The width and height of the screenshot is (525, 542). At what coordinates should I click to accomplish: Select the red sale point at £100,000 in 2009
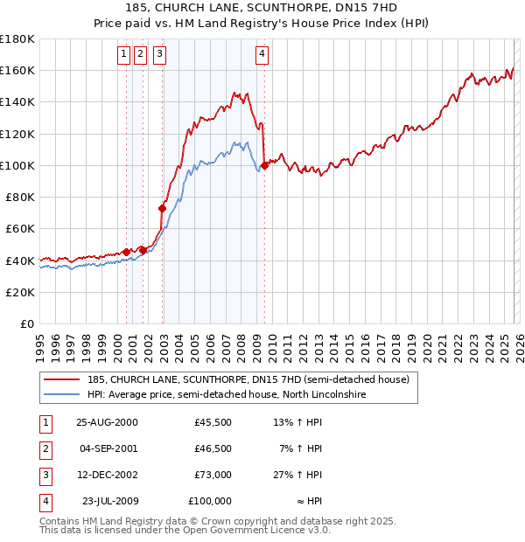pos(264,165)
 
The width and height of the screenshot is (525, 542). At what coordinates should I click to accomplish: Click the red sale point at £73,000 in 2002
pos(162,208)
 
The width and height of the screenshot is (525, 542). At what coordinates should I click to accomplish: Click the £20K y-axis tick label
pos(20,292)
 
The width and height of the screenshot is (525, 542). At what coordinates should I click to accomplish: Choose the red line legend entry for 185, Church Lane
pos(248,380)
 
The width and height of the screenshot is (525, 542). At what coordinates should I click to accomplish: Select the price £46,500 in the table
pos(213,448)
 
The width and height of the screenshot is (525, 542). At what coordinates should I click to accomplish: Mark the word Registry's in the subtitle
pos(289,23)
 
